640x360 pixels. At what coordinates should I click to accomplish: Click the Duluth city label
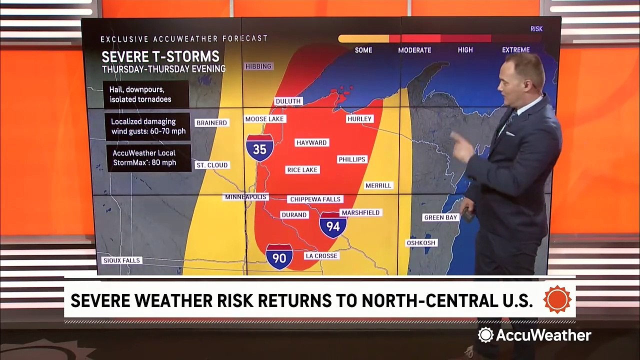(288, 101)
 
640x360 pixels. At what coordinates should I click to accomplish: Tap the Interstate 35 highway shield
(259, 148)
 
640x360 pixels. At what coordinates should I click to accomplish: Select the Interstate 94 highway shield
(333, 225)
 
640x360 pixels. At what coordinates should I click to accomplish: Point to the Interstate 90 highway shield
(279, 257)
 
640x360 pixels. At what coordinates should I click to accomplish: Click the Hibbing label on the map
(258, 66)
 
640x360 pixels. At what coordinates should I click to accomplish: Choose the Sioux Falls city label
(122, 260)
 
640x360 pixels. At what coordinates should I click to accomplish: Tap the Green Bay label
(440, 217)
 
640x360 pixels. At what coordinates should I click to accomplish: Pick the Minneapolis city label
(246, 197)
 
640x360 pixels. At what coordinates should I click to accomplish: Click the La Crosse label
(321, 256)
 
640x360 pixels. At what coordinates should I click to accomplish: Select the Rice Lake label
(302, 170)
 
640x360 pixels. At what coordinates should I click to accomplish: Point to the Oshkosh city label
(421, 243)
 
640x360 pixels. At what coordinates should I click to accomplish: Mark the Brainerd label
(212, 123)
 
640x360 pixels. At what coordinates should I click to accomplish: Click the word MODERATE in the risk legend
(414, 50)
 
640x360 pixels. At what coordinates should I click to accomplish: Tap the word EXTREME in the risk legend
(515, 50)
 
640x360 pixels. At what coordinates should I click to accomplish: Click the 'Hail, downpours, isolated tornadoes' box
(145, 94)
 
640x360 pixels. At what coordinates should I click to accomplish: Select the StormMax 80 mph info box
(149, 158)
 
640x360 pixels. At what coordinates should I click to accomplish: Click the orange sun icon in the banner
(557, 300)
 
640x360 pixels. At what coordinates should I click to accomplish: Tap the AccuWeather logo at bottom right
(534, 335)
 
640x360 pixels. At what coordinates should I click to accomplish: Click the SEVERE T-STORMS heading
(160, 56)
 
